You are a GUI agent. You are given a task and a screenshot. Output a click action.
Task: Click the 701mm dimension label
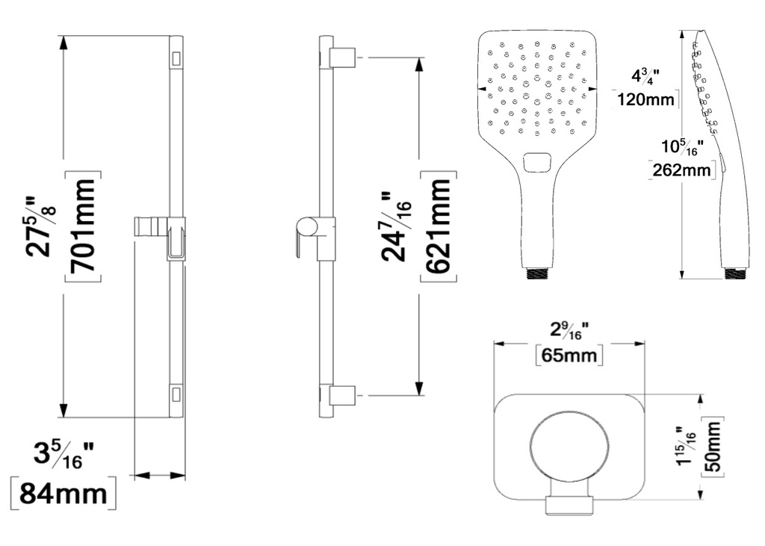point(82,226)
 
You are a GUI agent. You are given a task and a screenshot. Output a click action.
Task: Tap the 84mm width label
point(64,493)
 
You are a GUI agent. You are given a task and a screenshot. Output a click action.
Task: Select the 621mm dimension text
point(438,226)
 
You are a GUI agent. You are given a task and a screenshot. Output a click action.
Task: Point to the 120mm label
point(646,99)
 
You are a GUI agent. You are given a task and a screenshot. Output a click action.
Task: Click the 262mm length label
point(683,170)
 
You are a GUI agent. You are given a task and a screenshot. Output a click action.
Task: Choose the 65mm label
point(569,355)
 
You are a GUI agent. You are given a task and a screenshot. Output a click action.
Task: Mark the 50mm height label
point(713,447)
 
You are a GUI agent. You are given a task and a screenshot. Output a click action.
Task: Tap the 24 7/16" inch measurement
point(396,227)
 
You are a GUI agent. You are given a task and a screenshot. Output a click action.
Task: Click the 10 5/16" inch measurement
point(682,147)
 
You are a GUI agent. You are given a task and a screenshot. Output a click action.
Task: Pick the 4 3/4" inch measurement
point(645,77)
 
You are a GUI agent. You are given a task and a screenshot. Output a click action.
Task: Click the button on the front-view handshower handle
point(537,163)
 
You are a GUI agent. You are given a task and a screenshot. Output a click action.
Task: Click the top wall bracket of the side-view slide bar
point(343,58)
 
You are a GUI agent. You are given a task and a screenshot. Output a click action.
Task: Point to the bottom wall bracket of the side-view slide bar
point(343,396)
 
